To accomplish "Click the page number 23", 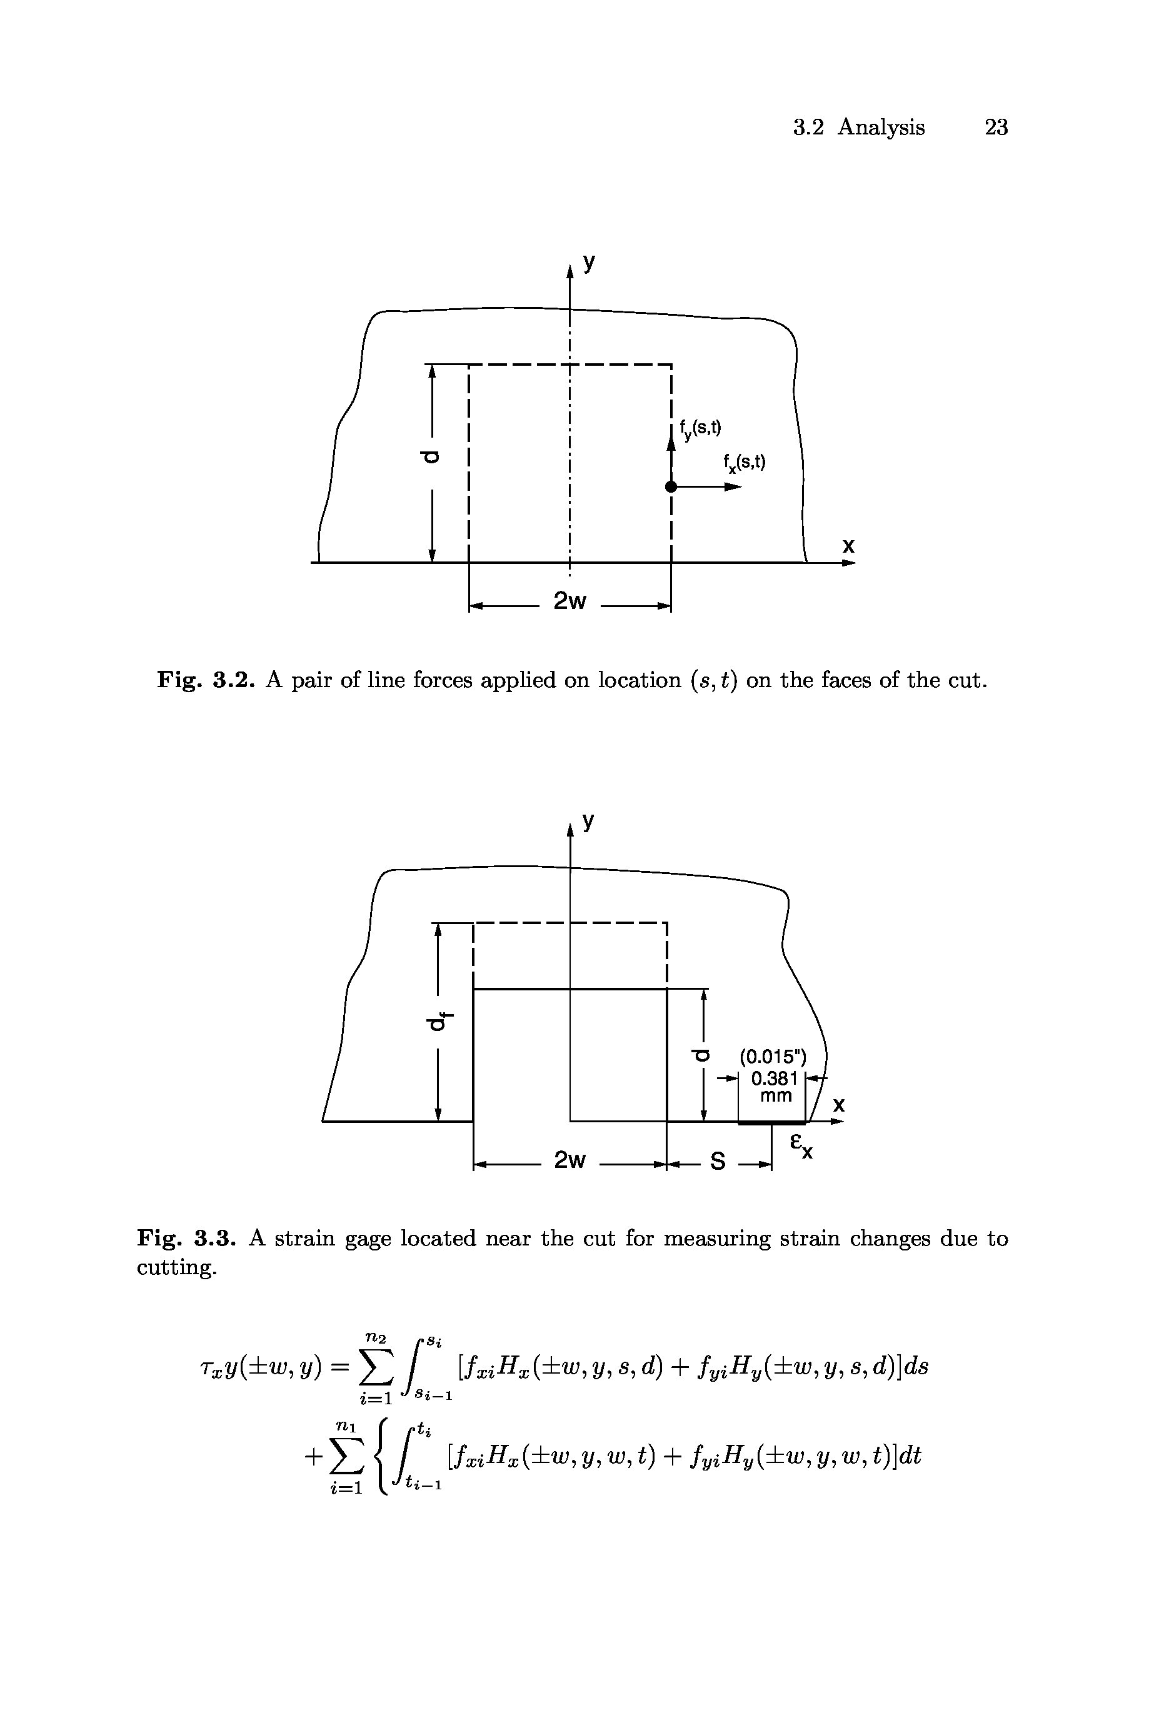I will pyautogui.click(x=996, y=128).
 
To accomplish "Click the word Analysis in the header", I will pyautogui.click(x=881, y=128).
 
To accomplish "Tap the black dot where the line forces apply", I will pyautogui.click(x=670, y=486).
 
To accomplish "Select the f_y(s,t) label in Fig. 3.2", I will pyautogui.click(x=700, y=429).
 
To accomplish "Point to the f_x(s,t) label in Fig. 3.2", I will pyautogui.click(x=743, y=463).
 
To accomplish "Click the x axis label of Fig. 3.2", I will pyautogui.click(x=848, y=545).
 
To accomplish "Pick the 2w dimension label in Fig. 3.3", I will pyautogui.click(x=569, y=1160).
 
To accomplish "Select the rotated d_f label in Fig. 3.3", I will pyautogui.click(x=440, y=1018).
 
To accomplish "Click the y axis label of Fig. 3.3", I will pyautogui.click(x=588, y=822).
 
